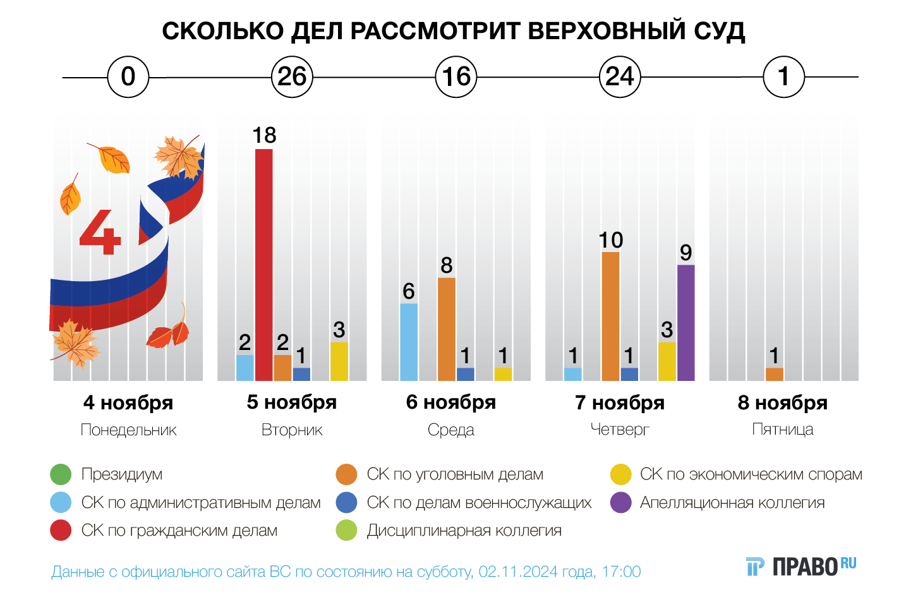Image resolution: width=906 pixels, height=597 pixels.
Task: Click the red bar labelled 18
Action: (264, 265)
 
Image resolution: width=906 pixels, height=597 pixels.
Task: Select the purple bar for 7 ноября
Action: (686, 323)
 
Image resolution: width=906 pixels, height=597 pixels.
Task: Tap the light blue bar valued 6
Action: (409, 342)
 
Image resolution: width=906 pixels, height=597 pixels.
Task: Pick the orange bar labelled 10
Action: (610, 317)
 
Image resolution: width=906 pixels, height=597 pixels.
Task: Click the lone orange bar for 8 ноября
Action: (774, 374)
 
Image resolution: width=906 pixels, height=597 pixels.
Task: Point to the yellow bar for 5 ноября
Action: (339, 361)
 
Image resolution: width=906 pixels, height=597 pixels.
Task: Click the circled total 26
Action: (292, 77)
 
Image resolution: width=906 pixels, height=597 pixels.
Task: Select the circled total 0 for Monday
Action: (128, 77)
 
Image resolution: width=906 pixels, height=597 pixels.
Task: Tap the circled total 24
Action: (620, 77)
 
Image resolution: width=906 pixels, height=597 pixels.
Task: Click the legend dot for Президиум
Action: (61, 474)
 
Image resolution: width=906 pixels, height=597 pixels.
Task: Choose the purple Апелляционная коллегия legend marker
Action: (621, 503)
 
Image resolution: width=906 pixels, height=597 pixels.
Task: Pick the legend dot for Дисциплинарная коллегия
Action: (347, 531)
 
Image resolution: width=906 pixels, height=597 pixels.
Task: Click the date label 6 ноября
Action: (450, 402)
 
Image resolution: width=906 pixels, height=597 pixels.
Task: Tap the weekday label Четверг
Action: (620, 430)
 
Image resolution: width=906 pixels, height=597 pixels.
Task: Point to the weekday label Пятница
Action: (783, 430)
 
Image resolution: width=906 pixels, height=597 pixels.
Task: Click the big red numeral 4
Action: (100, 232)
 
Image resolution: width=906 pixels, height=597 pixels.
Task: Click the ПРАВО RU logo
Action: (801, 566)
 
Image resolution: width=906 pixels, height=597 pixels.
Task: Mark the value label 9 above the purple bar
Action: (686, 253)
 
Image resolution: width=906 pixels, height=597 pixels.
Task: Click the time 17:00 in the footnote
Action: (621, 572)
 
